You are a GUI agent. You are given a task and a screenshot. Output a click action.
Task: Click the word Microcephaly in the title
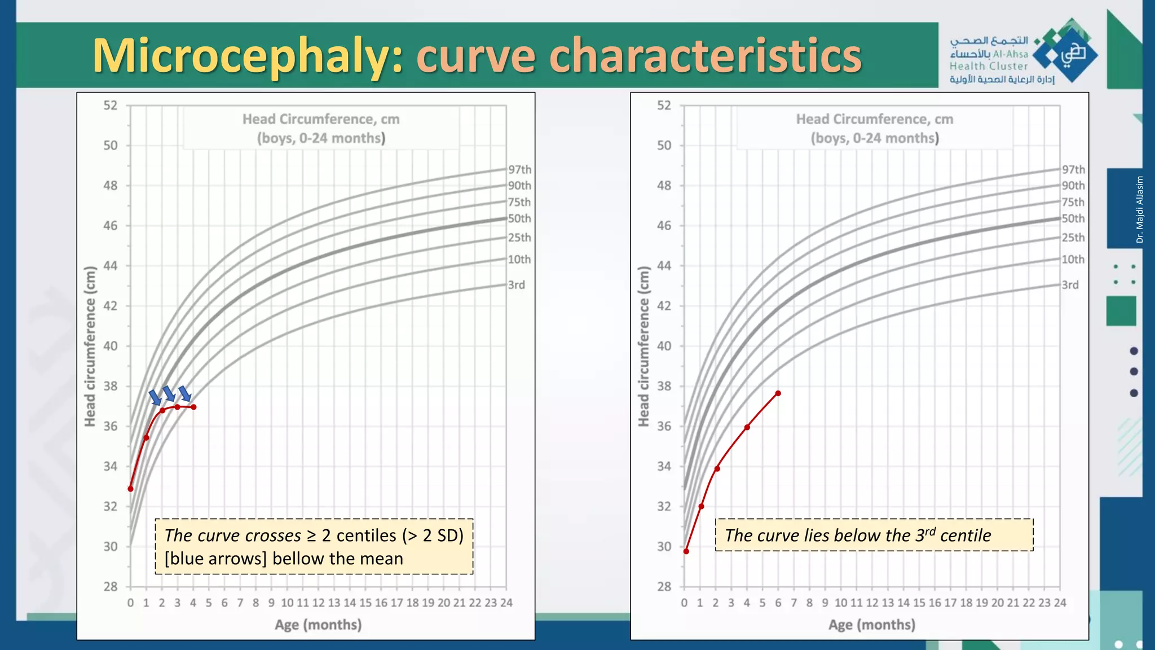point(248,55)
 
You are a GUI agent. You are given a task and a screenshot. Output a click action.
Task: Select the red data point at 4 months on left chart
point(193,407)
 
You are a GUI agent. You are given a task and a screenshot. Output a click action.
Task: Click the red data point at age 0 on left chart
point(131,489)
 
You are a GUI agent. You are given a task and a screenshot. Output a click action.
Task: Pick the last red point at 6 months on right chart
point(778,393)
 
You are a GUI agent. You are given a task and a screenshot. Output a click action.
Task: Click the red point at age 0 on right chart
point(686,551)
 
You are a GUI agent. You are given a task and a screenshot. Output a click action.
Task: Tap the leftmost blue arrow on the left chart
point(155,397)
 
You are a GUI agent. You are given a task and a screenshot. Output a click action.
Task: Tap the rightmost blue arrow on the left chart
point(185,394)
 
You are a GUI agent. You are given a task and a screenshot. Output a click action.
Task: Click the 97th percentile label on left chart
point(519,169)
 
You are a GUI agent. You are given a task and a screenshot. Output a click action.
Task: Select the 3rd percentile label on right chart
point(1070,285)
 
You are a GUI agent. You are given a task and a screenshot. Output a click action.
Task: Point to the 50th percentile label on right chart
point(1073,218)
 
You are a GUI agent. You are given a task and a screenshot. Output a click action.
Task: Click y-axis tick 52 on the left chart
point(111,106)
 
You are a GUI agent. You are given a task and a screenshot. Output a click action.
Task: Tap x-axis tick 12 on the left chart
point(319,603)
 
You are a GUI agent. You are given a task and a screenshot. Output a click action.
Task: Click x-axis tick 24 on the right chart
point(1060,603)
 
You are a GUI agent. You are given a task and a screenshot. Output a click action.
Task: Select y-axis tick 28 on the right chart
point(664,586)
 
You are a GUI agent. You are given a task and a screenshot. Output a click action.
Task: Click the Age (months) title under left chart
point(318,625)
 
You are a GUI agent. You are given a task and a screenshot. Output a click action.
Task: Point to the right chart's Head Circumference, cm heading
point(874,119)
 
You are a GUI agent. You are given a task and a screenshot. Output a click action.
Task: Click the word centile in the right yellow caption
point(966,535)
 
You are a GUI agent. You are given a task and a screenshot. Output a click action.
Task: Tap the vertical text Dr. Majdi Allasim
point(1140,209)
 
